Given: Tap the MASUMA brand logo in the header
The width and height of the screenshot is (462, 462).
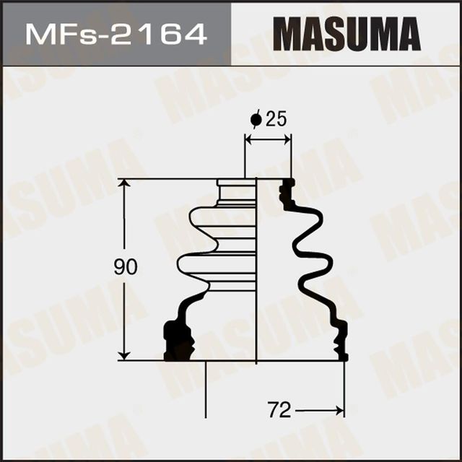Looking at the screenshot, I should (x=346, y=34).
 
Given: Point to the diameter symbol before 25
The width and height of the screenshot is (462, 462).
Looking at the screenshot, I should (x=255, y=120).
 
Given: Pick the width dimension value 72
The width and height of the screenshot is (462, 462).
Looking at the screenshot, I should (x=279, y=411).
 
